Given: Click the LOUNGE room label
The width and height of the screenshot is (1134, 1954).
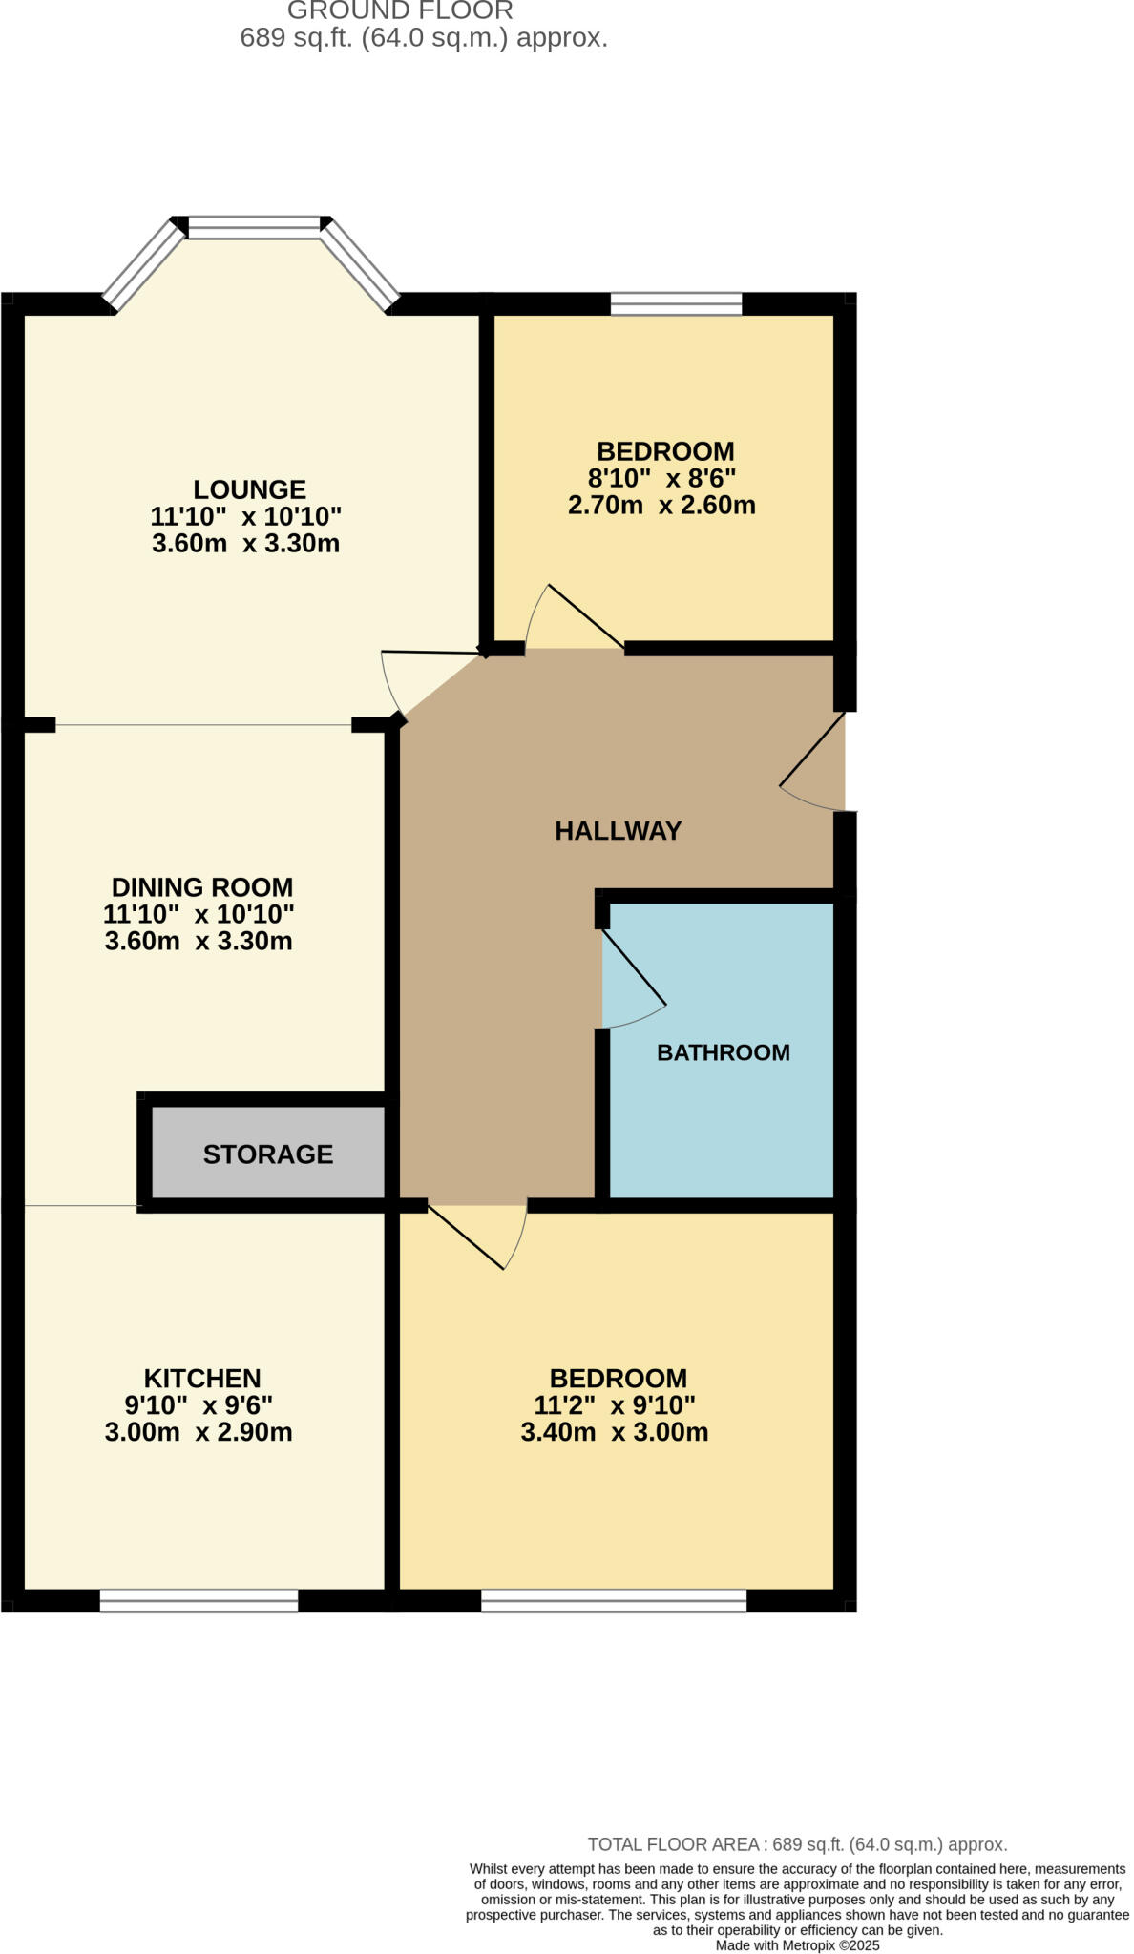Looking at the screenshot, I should point(249,489).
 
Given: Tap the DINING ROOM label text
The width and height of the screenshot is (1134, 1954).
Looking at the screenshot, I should point(202,886).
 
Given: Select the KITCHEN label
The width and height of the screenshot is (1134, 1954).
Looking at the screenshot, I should point(202,1378).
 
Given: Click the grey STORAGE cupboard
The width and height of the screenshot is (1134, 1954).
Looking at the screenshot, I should point(268,1154).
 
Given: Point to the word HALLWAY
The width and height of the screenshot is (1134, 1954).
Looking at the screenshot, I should point(618,830).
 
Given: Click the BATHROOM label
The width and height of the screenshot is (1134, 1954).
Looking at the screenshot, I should point(723,1052).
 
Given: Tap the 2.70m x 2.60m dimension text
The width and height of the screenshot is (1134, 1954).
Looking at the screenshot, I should point(661,505).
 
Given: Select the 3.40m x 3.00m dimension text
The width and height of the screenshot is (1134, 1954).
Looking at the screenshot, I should point(614,1432).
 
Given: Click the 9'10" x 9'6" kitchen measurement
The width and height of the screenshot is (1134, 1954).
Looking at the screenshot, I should point(199,1404).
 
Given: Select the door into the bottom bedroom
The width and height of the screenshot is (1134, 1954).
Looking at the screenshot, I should point(477,1237).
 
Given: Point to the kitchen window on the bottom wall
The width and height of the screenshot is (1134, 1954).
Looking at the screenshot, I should point(199,1600).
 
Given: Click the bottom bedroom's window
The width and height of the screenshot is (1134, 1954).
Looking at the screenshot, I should point(613,1600).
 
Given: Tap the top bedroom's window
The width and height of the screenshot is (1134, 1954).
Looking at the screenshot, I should point(676,303).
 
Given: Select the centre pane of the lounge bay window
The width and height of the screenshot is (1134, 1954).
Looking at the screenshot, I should point(254,227).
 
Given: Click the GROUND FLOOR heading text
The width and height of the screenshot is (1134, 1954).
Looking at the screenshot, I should point(400,11).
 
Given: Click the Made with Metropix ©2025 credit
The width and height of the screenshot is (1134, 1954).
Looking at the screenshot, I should point(797,1944).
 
